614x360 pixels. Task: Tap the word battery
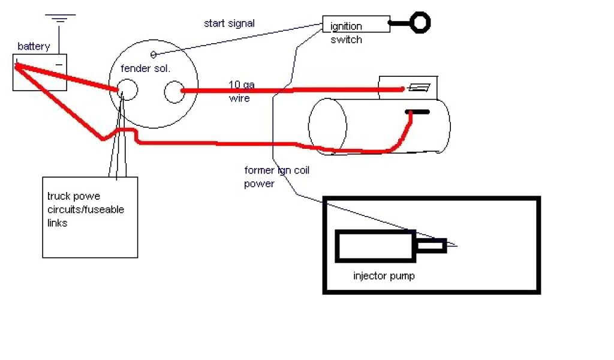(x=34, y=46)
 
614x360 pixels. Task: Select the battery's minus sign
(x=59, y=62)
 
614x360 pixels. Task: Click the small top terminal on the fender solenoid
(x=153, y=55)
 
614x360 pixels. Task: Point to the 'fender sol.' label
(x=146, y=68)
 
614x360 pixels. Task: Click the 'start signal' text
(x=229, y=24)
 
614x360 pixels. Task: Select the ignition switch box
(x=356, y=24)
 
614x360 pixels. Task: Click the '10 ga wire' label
(x=241, y=91)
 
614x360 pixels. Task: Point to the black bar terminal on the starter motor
(x=417, y=112)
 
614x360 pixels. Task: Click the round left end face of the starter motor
(x=327, y=127)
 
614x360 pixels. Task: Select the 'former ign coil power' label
(x=276, y=177)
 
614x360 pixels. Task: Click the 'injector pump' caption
(x=384, y=277)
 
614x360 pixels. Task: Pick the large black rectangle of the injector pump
(x=375, y=246)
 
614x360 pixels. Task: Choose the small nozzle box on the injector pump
(x=432, y=245)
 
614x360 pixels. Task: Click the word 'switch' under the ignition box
(x=346, y=40)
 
